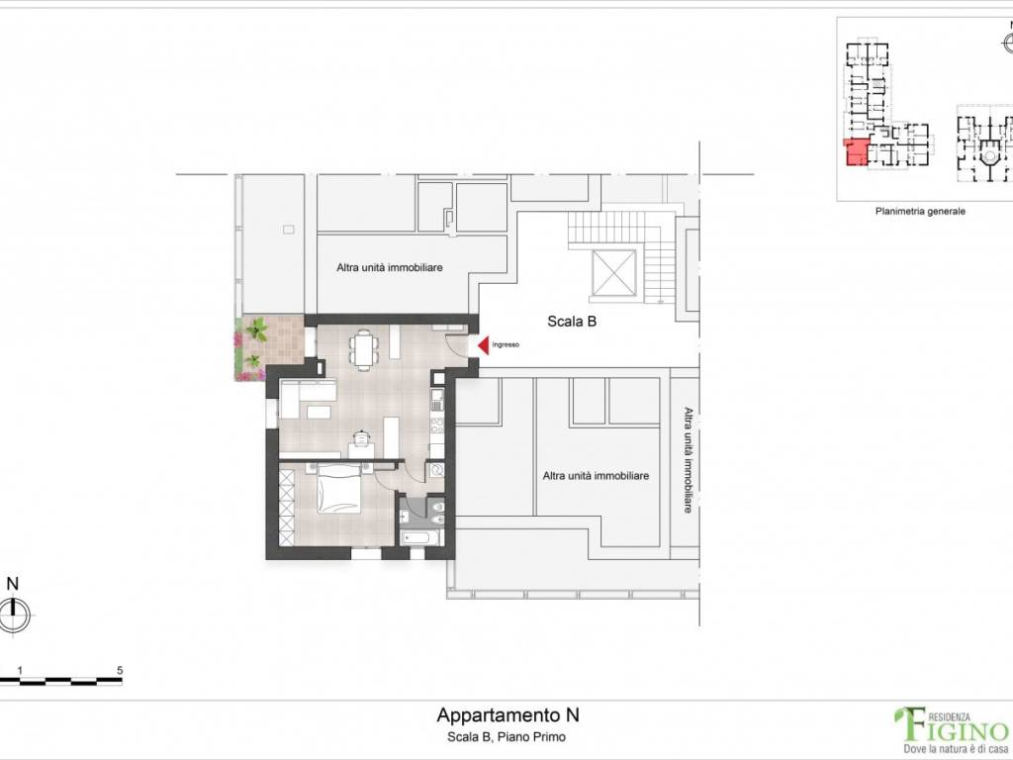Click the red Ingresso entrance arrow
point(485,344)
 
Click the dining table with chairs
point(363,348)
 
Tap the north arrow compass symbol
point(13,616)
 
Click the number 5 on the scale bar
point(120,670)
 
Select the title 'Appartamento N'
point(507,714)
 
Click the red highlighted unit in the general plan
point(855,152)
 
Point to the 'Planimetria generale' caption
point(919,211)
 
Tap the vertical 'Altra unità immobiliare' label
point(686,460)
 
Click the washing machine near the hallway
point(437,471)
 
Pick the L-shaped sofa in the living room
point(306,399)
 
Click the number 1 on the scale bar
point(20,670)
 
